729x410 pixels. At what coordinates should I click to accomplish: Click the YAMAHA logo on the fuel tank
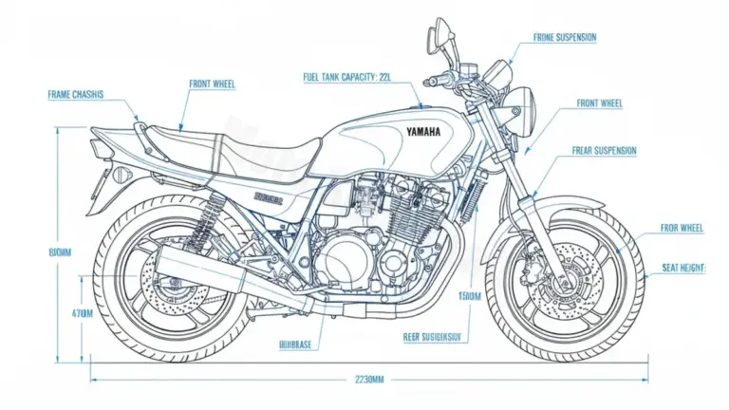tap(423, 132)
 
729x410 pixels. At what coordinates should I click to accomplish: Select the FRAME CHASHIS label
tap(75, 95)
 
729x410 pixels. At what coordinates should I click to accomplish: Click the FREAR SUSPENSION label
tap(604, 150)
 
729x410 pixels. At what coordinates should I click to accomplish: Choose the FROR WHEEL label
tap(682, 229)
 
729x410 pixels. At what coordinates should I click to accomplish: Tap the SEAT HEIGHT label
tap(683, 269)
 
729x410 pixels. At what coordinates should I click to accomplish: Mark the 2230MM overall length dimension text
tap(364, 380)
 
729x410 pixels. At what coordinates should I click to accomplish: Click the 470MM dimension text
tap(56, 312)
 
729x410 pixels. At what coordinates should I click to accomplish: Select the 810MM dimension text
tap(60, 252)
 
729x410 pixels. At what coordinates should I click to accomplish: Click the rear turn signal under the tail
tap(121, 175)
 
